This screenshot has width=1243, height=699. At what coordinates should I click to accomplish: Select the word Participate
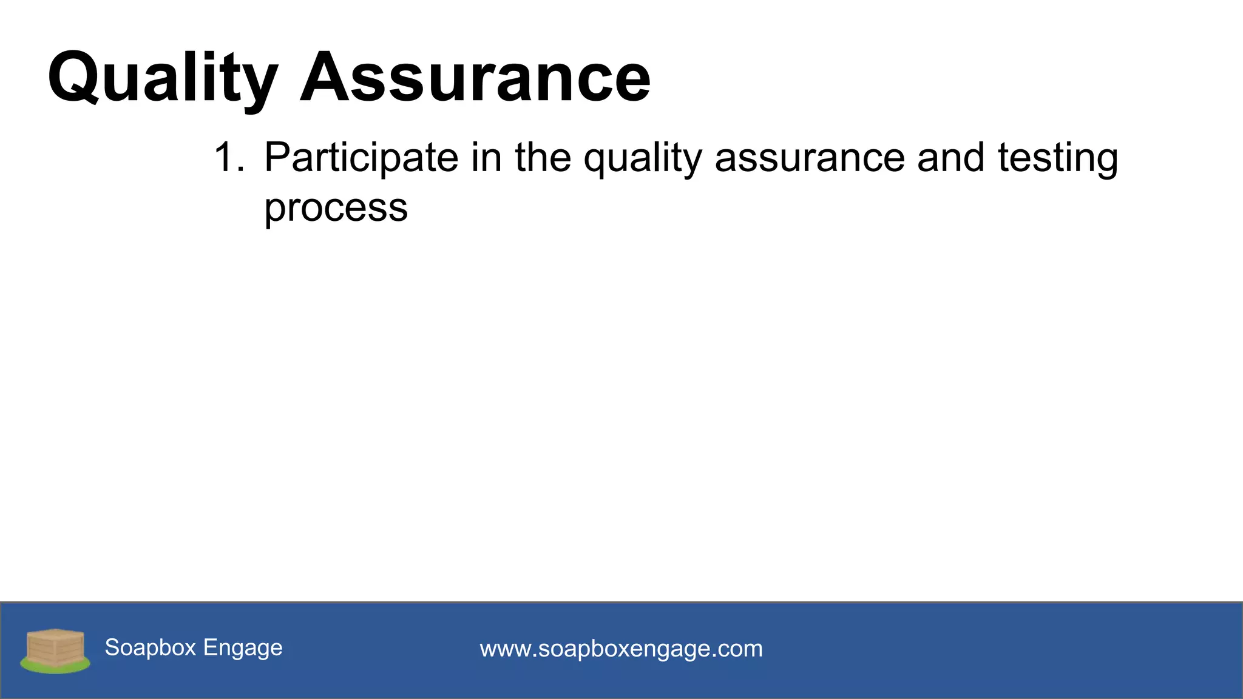[361, 158]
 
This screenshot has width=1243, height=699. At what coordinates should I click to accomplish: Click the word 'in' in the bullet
[486, 158]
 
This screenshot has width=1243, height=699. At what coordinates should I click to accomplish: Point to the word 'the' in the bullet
[543, 158]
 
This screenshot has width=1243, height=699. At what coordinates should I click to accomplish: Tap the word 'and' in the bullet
[950, 158]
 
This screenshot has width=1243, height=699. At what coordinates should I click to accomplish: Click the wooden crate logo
[55, 647]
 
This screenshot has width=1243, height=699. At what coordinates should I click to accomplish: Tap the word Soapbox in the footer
[151, 647]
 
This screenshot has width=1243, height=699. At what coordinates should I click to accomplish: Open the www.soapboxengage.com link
[621, 649]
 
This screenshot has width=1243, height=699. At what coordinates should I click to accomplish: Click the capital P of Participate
[277, 158]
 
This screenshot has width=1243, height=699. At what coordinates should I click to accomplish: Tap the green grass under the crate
[55, 667]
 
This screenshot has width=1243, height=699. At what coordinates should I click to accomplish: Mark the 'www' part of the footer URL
[505, 649]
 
